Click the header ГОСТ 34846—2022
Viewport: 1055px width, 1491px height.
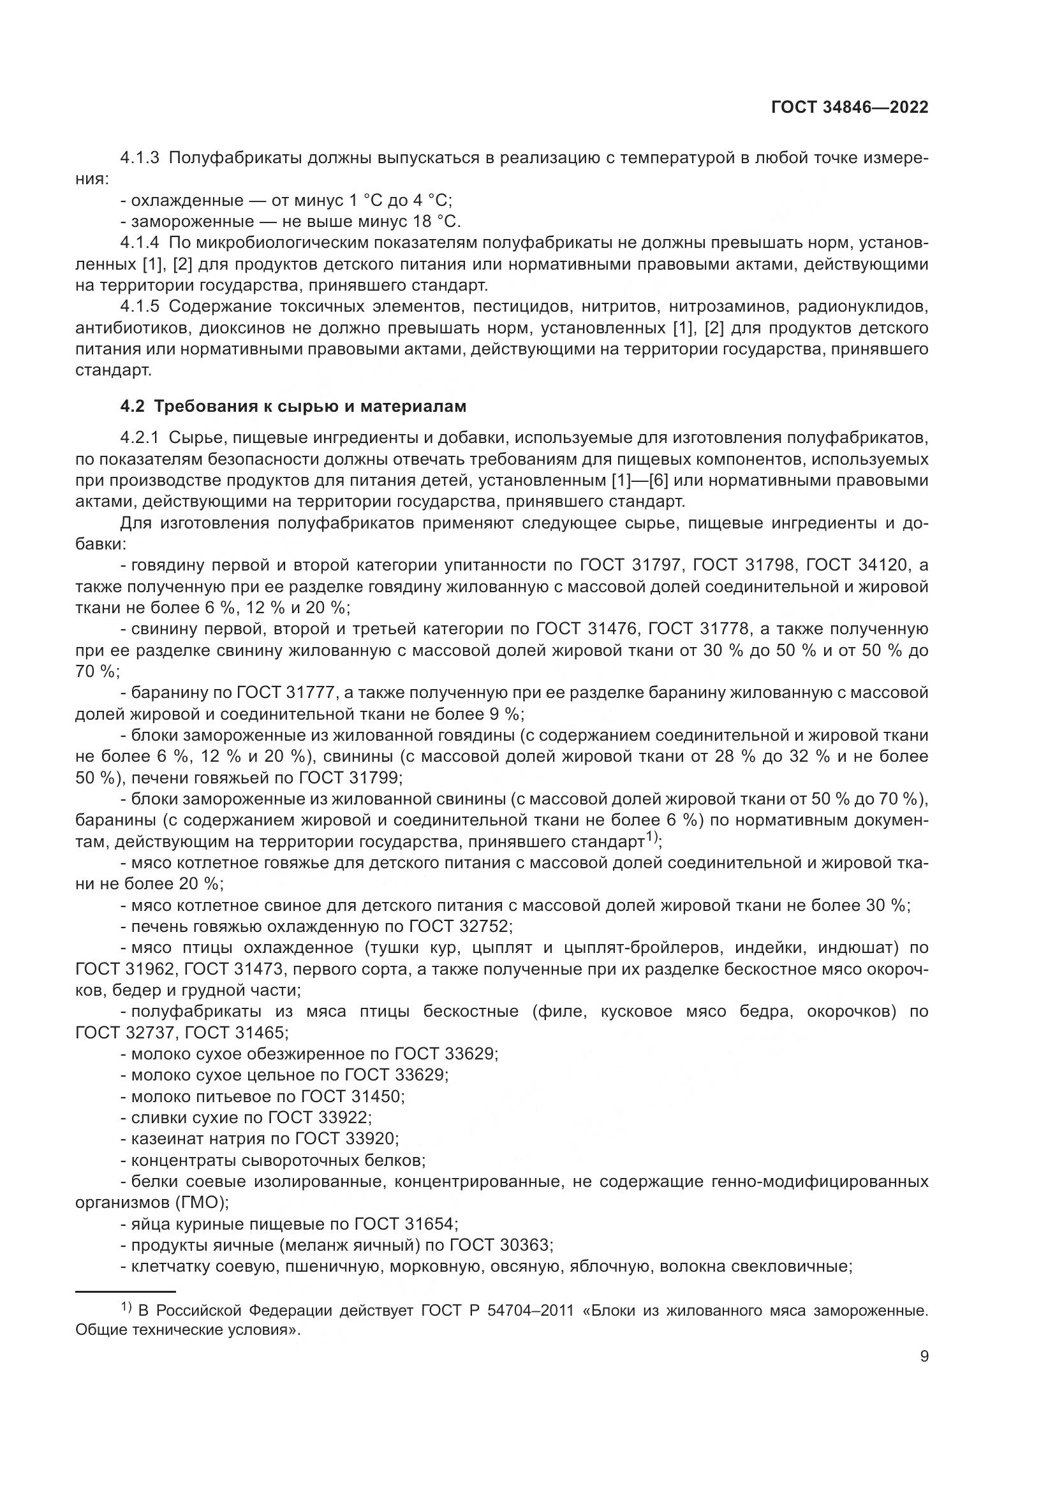(x=849, y=108)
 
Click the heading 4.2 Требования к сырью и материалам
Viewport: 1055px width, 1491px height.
(x=293, y=407)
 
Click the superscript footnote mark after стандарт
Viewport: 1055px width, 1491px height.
(x=652, y=837)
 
